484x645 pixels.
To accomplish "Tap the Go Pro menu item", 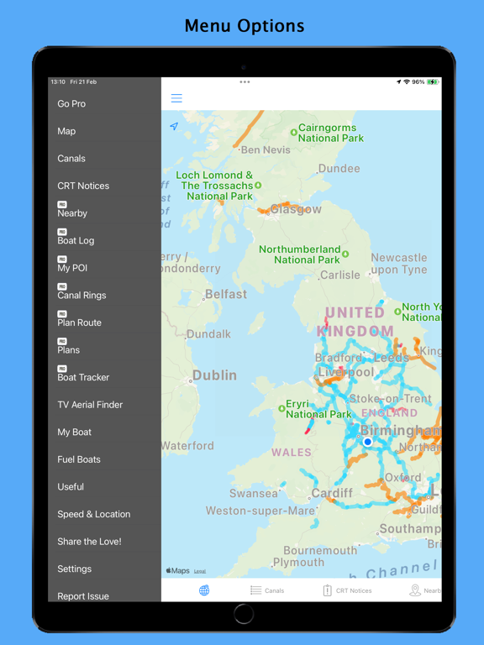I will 71,104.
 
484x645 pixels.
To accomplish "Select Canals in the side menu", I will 71,159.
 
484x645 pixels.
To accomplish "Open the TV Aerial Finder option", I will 90,405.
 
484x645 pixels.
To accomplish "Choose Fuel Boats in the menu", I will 79,459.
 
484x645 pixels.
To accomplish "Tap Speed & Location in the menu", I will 93,514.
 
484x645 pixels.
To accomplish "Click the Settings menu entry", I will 75,569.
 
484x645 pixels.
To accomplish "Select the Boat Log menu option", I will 76,240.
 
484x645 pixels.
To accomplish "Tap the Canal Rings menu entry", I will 82,295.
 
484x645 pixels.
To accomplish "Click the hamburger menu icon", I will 176,98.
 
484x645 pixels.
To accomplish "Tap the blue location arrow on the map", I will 174,127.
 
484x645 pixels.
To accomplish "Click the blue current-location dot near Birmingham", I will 368,442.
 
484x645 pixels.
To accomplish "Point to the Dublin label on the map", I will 214,375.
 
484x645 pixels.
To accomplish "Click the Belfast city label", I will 226,295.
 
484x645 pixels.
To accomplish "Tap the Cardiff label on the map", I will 332,493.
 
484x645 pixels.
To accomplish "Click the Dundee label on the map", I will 339,169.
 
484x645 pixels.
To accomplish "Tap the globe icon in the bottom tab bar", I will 204,590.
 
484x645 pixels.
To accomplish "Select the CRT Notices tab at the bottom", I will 347,590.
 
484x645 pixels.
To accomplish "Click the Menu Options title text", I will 245,26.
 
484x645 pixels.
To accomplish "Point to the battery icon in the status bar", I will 433,82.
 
